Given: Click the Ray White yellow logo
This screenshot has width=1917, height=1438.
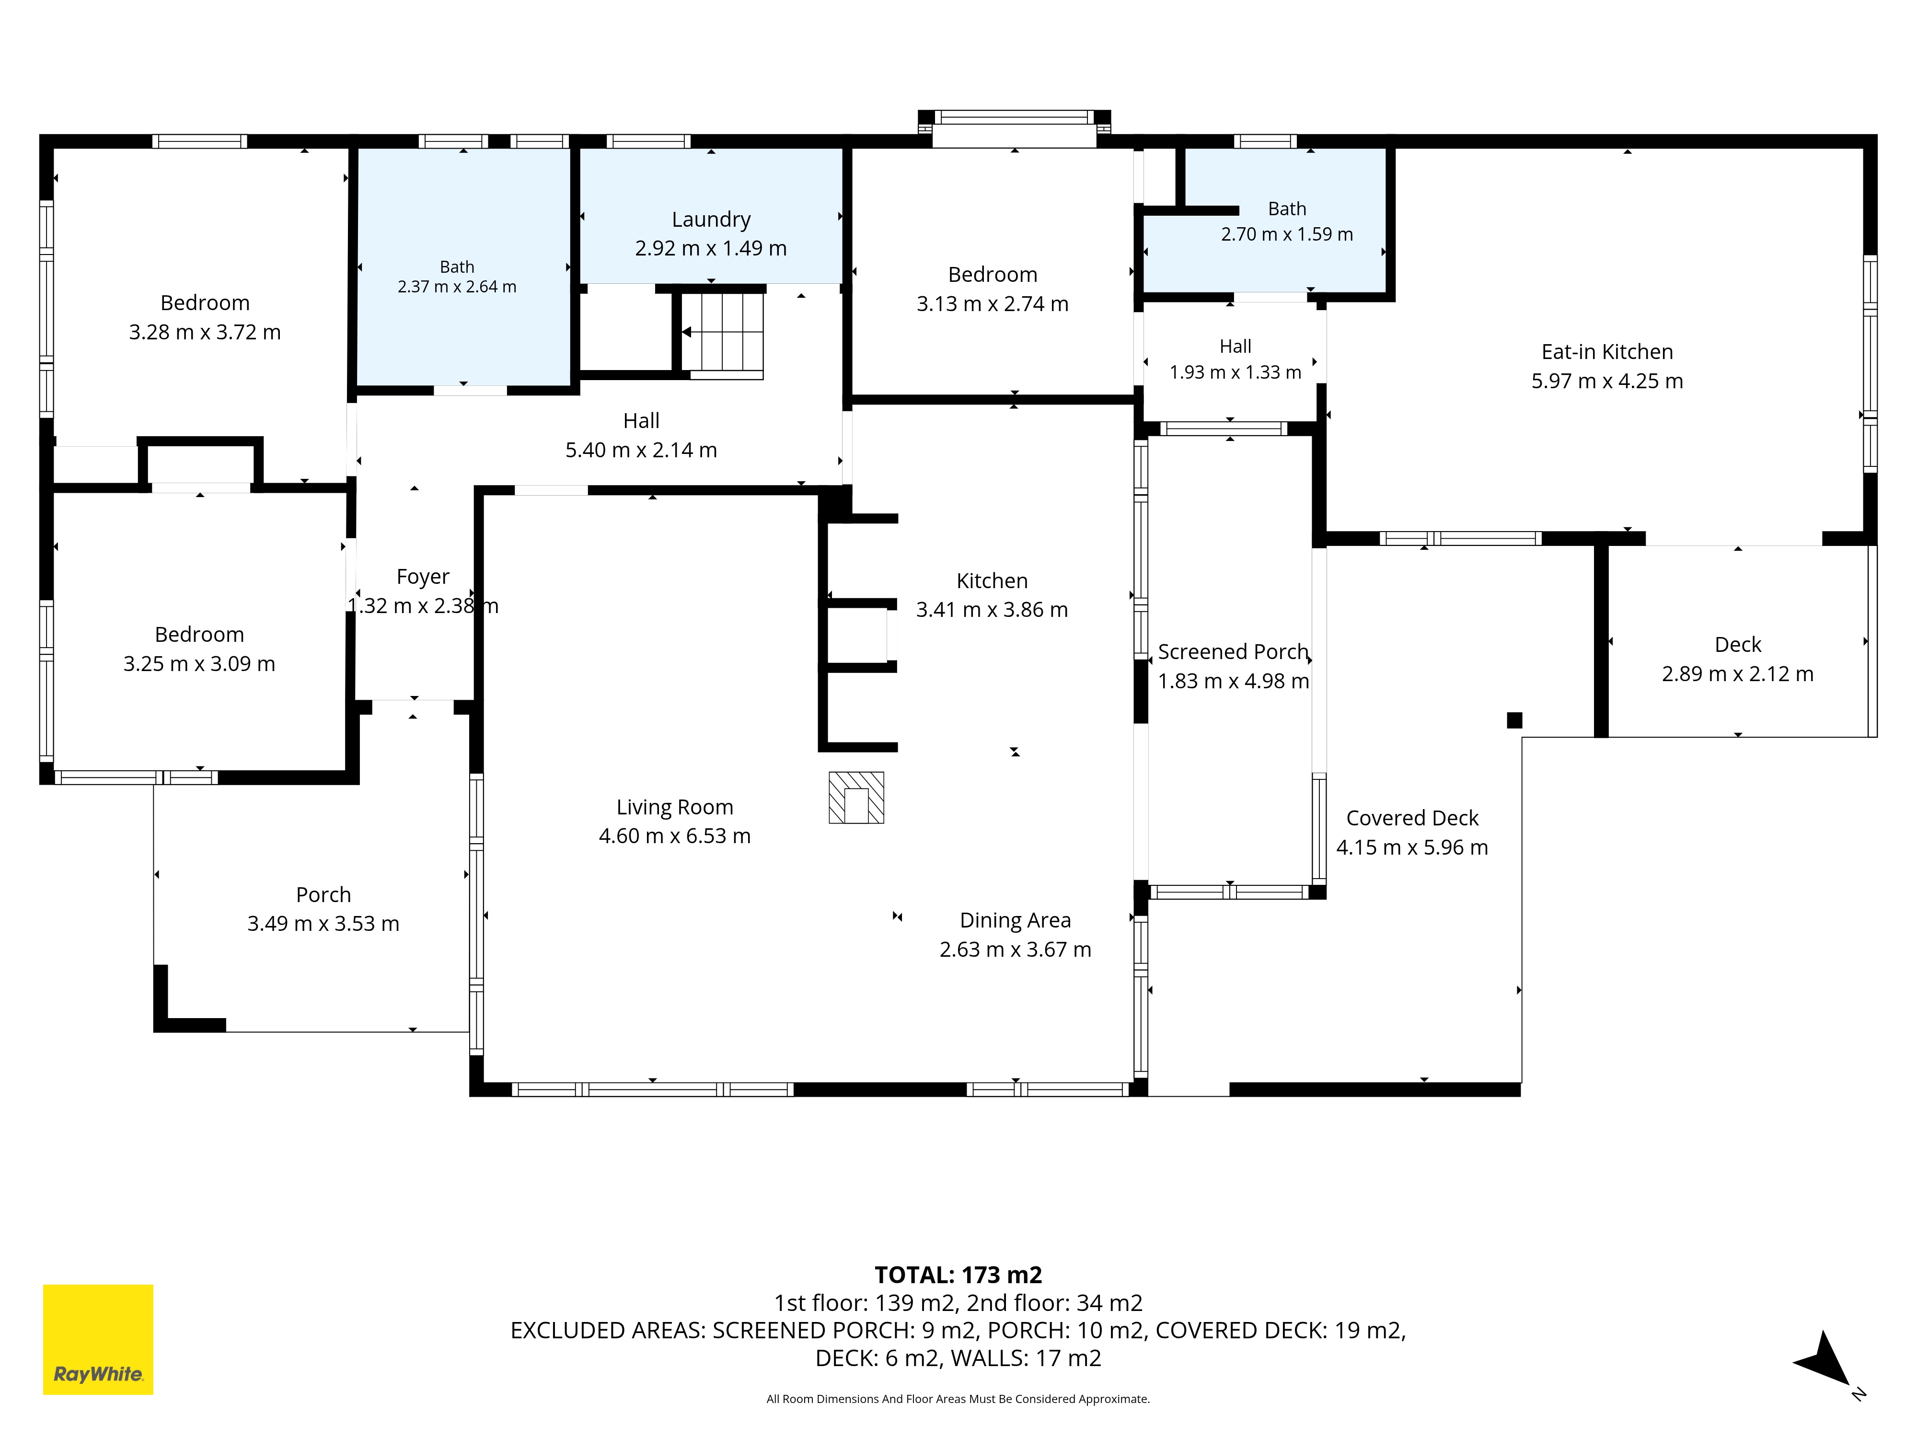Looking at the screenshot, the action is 98,1339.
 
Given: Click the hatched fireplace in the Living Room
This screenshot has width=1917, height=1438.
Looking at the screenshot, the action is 856,798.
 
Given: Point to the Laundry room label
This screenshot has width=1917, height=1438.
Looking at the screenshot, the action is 712,220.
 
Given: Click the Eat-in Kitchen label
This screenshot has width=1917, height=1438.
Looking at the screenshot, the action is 1607,352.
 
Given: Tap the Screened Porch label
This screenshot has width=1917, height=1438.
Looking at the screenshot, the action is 1233,652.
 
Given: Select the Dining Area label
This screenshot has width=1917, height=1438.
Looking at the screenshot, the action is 1016,920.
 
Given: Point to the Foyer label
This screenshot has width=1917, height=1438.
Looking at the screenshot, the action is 423,577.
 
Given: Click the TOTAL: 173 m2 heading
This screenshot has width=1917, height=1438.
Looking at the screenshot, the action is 958,1275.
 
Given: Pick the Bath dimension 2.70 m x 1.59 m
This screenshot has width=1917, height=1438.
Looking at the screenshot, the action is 1287,234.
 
